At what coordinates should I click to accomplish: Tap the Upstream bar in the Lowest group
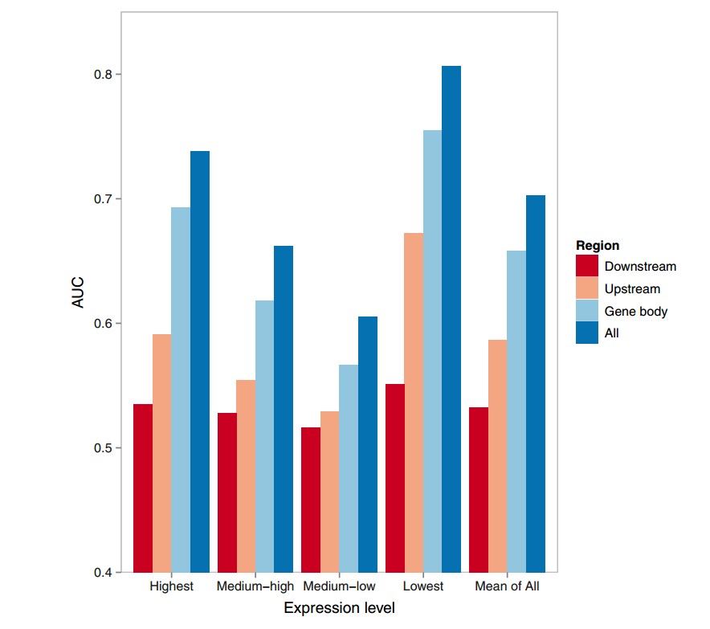tap(414, 402)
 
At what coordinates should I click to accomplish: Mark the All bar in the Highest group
tap(200, 361)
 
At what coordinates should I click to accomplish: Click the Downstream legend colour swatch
tap(587, 266)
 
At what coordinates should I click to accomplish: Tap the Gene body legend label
tap(636, 311)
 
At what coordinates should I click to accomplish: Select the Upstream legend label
tap(632, 288)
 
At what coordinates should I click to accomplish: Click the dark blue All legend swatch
tap(587, 333)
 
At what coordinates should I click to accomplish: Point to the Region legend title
tap(598, 246)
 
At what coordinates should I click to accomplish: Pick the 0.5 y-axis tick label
tap(101, 447)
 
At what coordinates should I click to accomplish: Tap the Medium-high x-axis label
tap(255, 586)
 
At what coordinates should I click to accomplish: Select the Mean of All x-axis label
tap(507, 586)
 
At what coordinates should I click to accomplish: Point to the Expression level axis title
tap(339, 609)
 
